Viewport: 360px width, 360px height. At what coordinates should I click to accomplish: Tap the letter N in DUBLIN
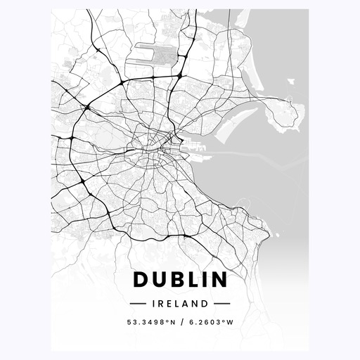[x=220, y=280]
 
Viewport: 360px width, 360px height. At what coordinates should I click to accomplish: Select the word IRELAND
[x=180, y=304]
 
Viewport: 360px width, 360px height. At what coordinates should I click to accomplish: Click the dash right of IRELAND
[x=222, y=304]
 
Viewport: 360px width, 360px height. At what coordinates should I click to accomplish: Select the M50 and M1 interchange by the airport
[x=180, y=75]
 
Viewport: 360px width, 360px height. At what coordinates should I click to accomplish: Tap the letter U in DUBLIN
[x=159, y=280]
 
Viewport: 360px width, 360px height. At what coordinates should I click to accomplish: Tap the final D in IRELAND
[x=205, y=304]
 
